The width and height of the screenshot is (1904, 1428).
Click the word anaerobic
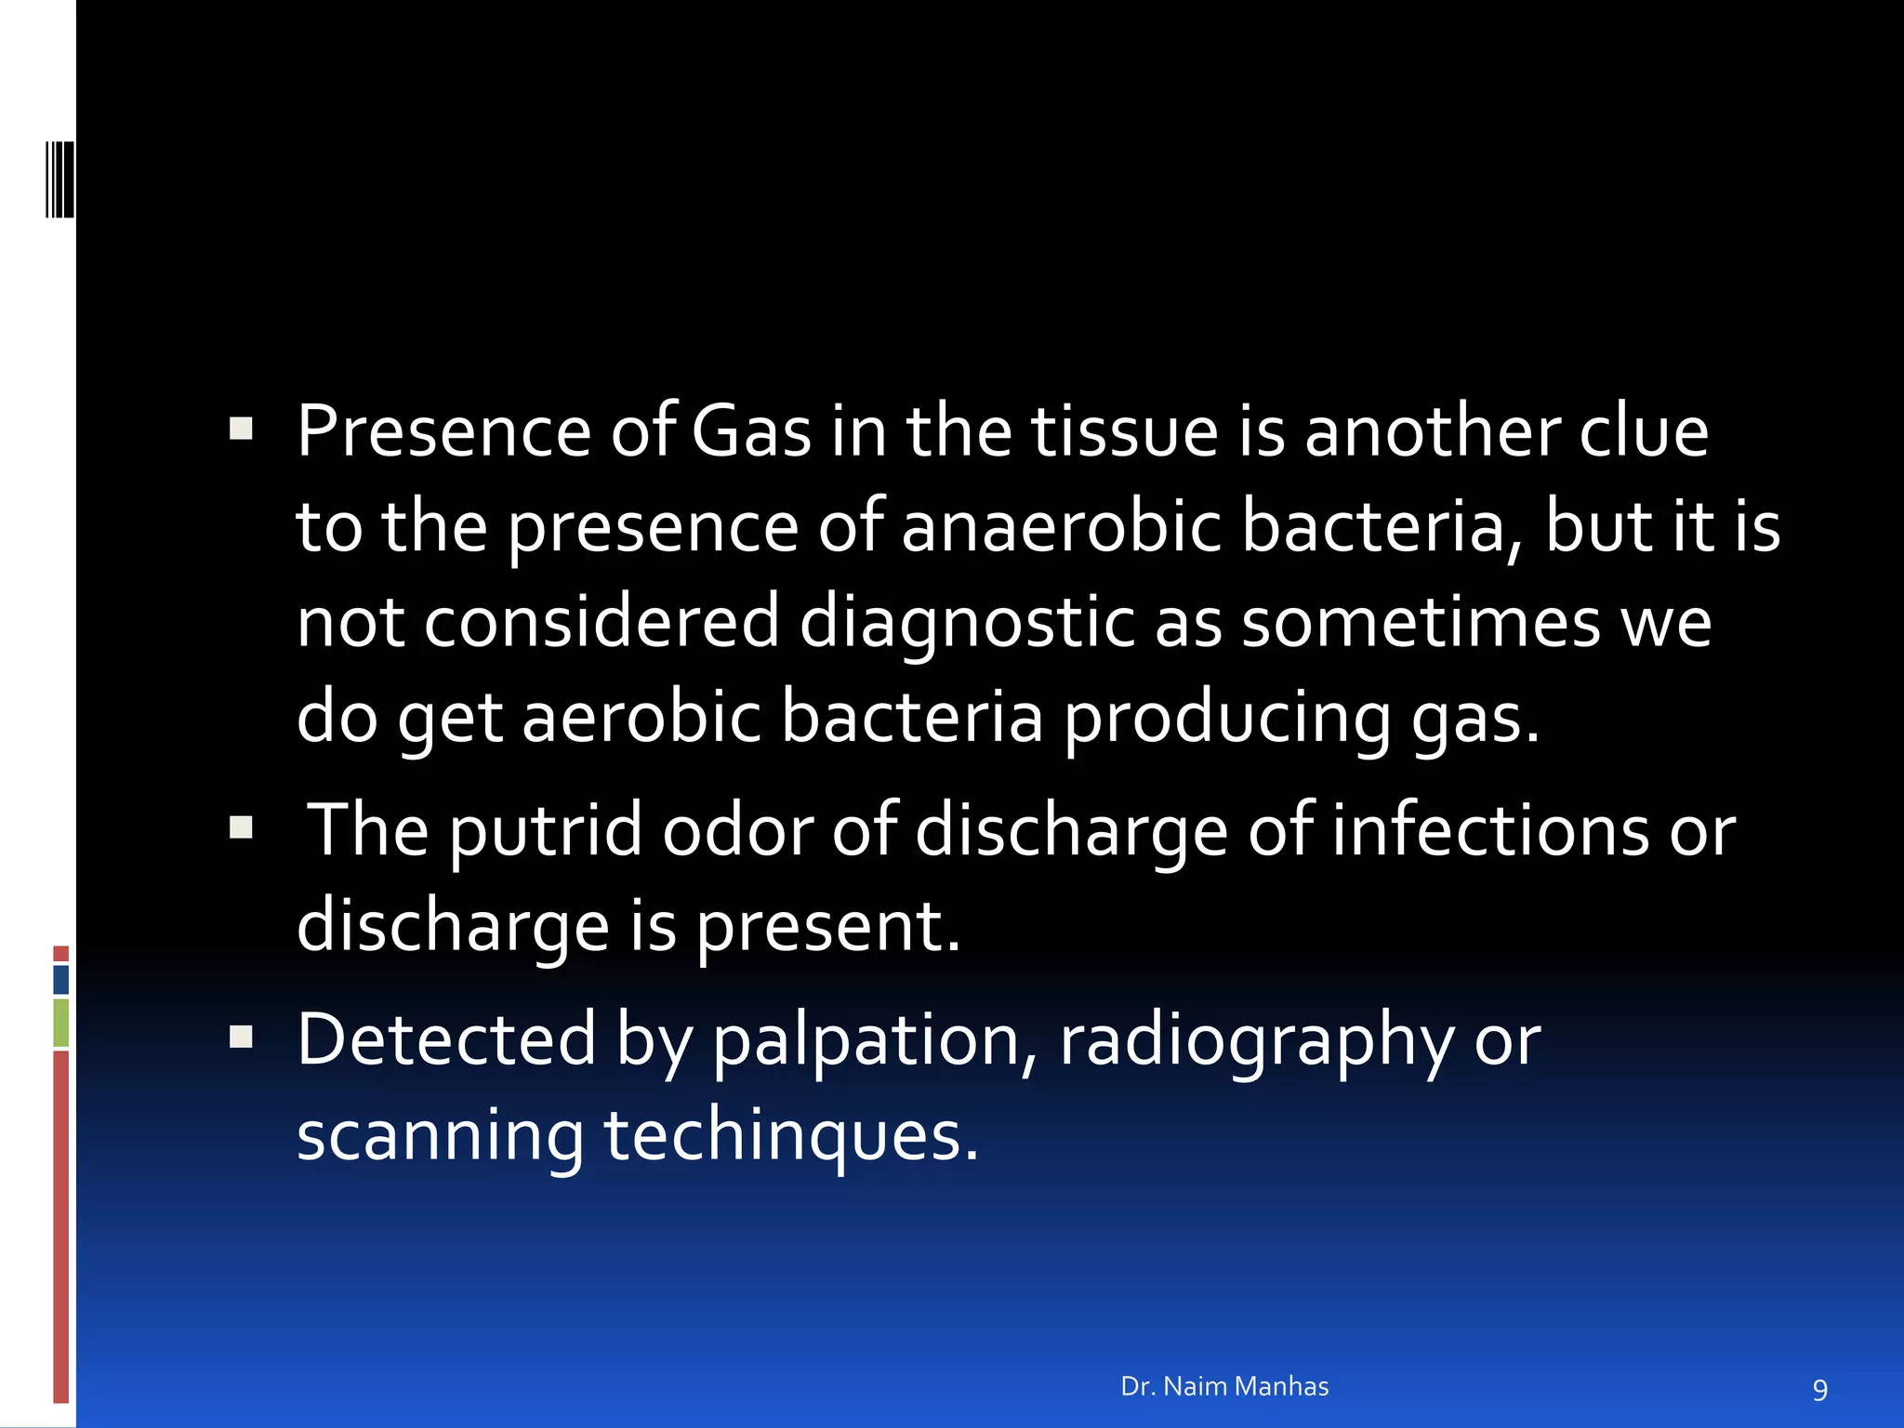tap(1061, 528)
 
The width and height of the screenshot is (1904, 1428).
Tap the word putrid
tap(546, 831)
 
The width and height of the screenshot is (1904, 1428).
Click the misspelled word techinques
tap(791, 1136)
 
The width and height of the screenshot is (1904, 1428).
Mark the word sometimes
tap(1421, 623)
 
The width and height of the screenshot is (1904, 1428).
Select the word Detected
tap(446, 1039)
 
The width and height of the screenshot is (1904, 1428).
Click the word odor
tap(737, 829)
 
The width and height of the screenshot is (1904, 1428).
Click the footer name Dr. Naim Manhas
tap(1224, 1386)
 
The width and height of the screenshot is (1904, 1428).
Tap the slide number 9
tap(1819, 1390)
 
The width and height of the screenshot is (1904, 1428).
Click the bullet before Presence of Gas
tap(241, 429)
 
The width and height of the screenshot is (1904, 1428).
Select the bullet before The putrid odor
tap(241, 826)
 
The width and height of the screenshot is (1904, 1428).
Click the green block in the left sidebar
tap(61, 1023)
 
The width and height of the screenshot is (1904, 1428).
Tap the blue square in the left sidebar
tap(61, 980)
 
